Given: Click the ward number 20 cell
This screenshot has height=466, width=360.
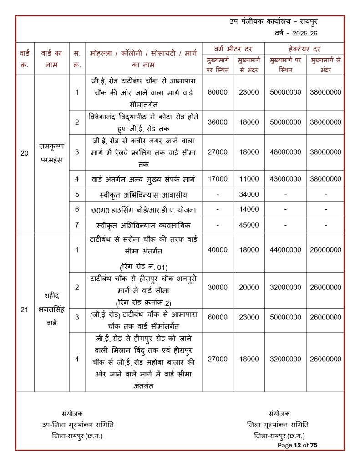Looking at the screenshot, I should pos(25,153).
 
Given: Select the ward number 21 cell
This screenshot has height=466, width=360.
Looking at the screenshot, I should pos(25,310).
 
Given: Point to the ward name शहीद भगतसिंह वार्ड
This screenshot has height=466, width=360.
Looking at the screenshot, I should pos(51,310).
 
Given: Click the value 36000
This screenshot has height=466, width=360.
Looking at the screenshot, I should pos(218,122).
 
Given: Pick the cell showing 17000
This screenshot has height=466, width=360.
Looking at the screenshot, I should pos(218,179).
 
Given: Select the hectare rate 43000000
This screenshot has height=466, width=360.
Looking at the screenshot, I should pos(285,179).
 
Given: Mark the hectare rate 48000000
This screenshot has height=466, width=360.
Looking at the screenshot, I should pos(285,152).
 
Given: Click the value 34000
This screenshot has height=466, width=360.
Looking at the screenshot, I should pos(249,195).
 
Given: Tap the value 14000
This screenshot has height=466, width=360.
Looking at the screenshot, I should pos(249,209).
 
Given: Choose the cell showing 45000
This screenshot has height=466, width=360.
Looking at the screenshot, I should pos(249,225).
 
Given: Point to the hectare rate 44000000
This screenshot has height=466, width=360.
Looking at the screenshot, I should pos(285,250).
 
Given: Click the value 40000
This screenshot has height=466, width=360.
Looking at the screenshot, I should pos(218,250).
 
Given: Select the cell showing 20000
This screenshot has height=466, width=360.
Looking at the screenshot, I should pos(249,288).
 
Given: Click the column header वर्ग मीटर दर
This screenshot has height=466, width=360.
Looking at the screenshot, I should pos(233,49).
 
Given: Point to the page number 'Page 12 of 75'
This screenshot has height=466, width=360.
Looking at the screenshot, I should pos(298,445).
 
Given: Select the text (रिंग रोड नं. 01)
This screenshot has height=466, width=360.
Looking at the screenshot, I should pos(143,266).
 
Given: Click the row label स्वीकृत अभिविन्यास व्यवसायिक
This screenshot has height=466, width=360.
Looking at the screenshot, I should pos(143,225).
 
